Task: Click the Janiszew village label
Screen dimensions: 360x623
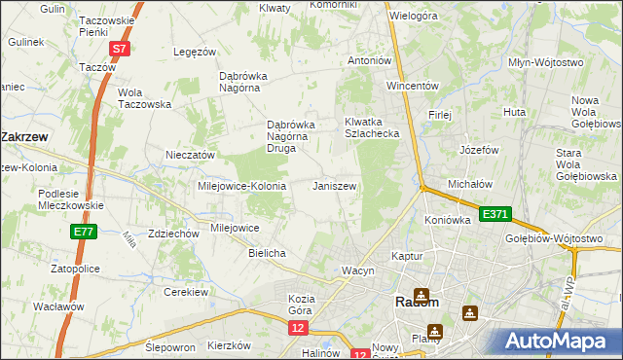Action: [x=334, y=186]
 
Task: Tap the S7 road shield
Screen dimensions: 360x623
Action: [x=119, y=48]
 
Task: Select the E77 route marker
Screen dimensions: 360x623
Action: [x=83, y=232]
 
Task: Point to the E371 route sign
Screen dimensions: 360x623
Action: [x=494, y=213]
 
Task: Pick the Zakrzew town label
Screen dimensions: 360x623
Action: [x=25, y=137]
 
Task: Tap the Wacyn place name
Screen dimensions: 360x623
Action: [x=357, y=270]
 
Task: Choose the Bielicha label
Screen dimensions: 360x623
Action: [x=267, y=253]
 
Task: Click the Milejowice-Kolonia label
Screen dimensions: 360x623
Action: [x=241, y=186]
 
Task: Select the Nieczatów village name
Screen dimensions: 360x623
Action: [x=190, y=155]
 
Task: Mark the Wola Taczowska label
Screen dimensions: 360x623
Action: [x=144, y=98]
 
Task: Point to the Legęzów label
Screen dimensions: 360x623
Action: [x=193, y=52]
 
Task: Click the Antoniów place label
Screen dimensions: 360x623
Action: [x=370, y=60]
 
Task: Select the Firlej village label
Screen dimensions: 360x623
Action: [x=440, y=115]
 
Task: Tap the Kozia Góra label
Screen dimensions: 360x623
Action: [x=305, y=305]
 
